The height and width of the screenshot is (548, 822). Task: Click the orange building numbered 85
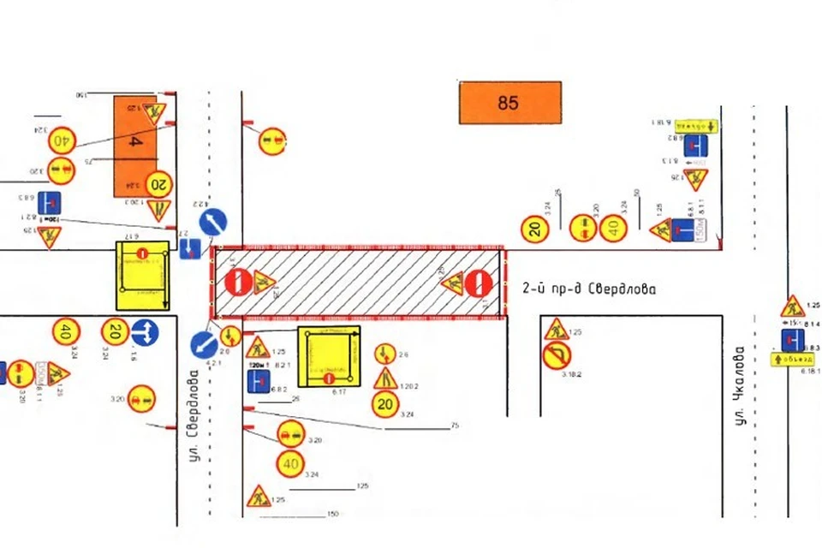pos(509,103)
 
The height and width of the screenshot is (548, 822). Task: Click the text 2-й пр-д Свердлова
pos(589,289)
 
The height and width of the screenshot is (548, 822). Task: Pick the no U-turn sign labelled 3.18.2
pos(557,354)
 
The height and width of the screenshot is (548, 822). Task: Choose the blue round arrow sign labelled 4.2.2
pos(213,223)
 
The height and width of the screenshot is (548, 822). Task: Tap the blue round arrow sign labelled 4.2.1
pos(204,346)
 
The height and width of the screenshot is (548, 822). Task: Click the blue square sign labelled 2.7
pos(189,249)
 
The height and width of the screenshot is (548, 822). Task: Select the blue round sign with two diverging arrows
pos(145,331)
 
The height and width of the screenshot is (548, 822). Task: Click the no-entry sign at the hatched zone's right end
pos(479,283)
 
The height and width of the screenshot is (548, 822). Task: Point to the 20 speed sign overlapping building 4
pos(159,183)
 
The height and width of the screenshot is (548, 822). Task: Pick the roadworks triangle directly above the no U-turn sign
pos(556,329)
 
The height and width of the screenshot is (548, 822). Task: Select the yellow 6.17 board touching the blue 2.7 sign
pos(142,275)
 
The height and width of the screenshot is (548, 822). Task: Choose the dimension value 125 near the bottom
pos(362,486)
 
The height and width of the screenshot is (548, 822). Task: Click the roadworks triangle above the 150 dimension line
pos(258,496)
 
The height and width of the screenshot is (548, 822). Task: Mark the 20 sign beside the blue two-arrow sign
pos(115,331)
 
